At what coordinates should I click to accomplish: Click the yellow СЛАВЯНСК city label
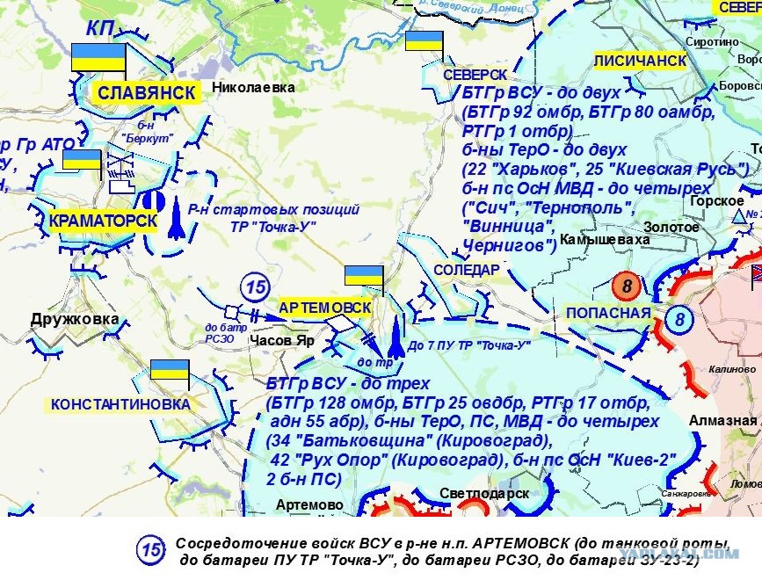point(146,93)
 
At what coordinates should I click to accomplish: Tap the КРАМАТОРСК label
point(103,221)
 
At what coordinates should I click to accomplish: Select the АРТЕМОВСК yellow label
point(324,308)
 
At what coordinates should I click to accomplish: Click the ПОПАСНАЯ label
point(608,313)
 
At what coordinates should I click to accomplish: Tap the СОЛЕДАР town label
point(466,269)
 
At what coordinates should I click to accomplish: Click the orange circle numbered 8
point(627,286)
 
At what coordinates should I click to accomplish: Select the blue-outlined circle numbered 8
point(679,318)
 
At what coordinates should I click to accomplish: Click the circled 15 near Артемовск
point(255,286)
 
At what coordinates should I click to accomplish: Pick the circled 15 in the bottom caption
point(150,550)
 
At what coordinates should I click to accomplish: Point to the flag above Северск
point(424,41)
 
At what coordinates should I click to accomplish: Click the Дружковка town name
point(74,319)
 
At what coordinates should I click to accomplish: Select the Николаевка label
point(253,87)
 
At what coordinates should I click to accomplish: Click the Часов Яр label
point(281,340)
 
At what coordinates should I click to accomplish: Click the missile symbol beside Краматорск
point(175,223)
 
